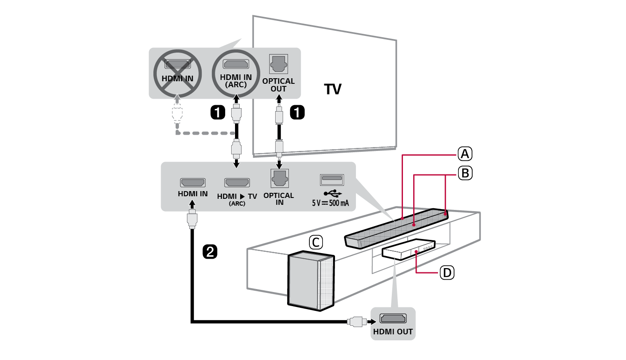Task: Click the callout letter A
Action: [x=465, y=154]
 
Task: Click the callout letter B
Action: [x=465, y=173]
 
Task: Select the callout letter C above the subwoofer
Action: [x=316, y=242]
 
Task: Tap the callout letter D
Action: [x=447, y=272]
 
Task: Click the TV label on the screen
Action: [x=332, y=89]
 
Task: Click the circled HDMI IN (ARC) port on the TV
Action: [x=236, y=65]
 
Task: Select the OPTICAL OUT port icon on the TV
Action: [x=279, y=64]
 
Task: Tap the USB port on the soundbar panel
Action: [x=332, y=179]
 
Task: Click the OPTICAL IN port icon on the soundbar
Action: [x=279, y=178]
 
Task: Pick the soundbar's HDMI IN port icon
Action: [x=192, y=183]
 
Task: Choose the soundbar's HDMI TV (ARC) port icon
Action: [x=237, y=183]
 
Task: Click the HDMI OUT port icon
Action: [x=393, y=319]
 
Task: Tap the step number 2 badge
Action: [x=210, y=251]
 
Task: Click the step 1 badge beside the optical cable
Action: [x=297, y=112]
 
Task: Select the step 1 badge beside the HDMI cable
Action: [x=217, y=112]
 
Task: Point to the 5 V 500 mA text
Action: [x=330, y=203]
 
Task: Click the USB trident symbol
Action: [x=332, y=193]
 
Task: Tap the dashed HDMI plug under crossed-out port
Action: [x=177, y=113]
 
